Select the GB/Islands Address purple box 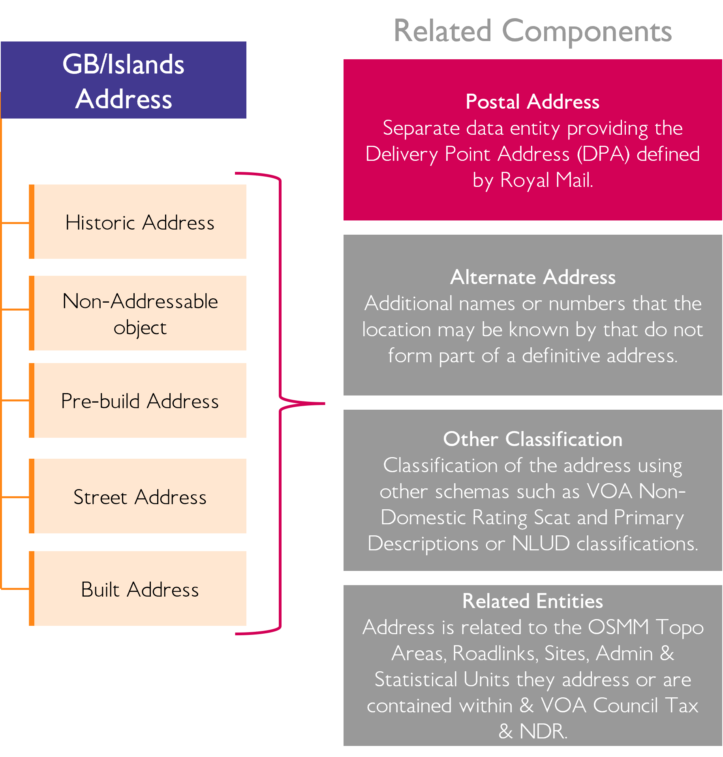[123, 80]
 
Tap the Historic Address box [139, 222]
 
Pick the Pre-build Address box [139, 401]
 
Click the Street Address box [139, 497]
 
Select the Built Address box [139, 589]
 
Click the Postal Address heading [532, 102]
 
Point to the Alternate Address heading [532, 277]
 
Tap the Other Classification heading [532, 439]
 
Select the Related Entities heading [532, 601]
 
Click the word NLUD [541, 543]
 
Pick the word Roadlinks [495, 653]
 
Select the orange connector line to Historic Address [15, 223]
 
